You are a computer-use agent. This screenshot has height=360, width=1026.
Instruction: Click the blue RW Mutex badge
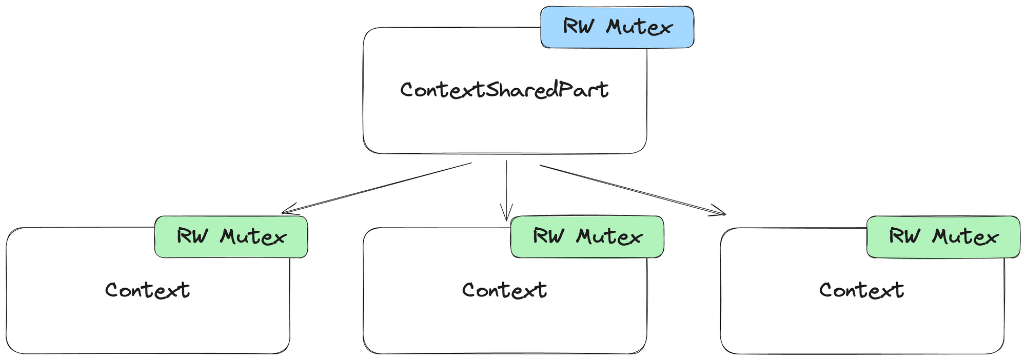point(617,27)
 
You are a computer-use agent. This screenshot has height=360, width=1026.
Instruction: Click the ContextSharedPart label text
point(504,90)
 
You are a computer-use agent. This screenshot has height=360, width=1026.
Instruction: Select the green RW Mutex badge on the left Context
point(231,236)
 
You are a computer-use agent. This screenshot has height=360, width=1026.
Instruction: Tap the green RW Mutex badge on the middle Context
point(587,236)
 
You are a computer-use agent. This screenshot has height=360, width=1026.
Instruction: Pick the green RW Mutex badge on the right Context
point(943,236)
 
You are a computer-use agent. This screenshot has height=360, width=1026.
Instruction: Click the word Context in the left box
point(148,290)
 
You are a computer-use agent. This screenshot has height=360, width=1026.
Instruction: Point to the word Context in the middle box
point(504,290)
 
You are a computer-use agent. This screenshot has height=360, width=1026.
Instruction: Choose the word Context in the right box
point(861,290)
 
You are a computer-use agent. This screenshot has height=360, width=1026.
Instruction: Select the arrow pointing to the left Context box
point(377,188)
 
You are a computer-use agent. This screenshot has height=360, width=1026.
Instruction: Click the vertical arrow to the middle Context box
point(506,187)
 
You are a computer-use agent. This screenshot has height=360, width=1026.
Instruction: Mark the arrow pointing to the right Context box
point(631,189)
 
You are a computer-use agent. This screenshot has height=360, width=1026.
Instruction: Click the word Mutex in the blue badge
point(639,27)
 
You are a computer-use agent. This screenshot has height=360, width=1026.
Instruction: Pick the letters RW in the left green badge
point(192,236)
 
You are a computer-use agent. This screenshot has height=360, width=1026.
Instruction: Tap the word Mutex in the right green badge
point(965,237)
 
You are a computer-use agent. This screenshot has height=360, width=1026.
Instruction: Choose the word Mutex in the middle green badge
point(609,237)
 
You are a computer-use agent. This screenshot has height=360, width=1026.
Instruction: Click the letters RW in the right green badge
point(904,236)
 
